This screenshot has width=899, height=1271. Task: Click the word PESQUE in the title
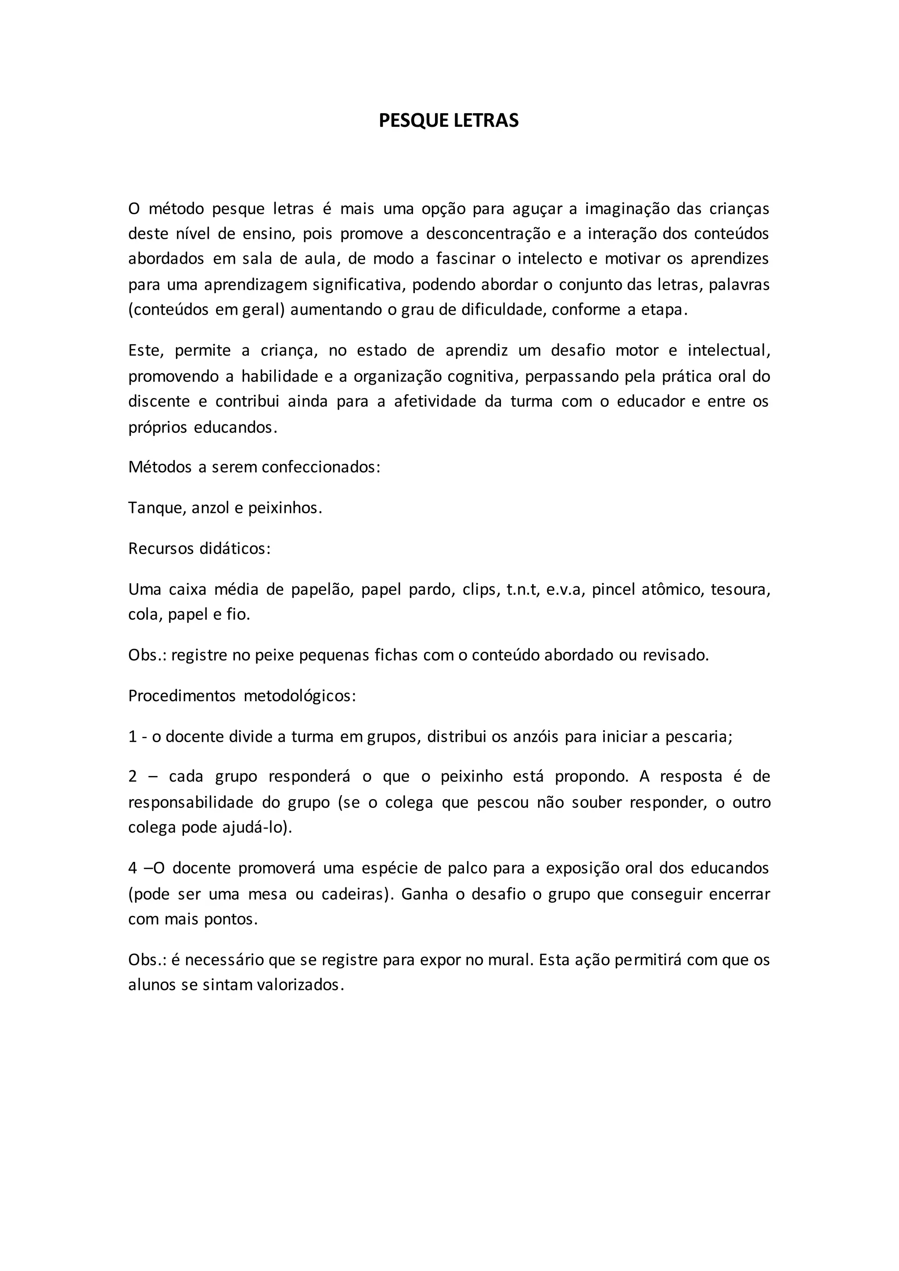[x=414, y=121]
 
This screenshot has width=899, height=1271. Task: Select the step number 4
[x=133, y=868]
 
